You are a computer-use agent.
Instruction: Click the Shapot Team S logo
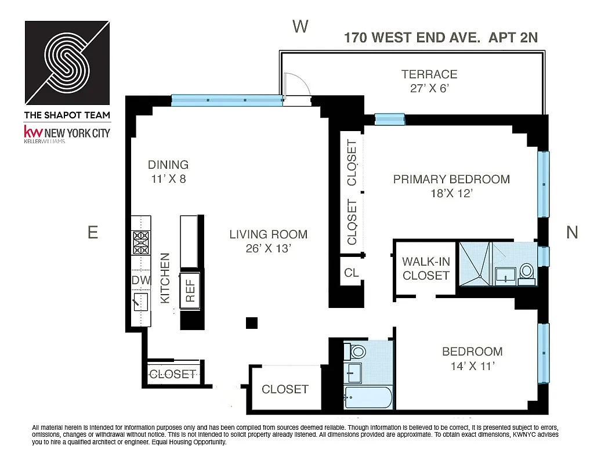tap(67, 62)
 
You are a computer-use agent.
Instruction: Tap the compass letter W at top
tap(300, 26)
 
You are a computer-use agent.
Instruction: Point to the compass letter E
tap(92, 232)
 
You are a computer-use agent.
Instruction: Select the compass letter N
tap(572, 232)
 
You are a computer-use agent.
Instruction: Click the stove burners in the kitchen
tap(141, 244)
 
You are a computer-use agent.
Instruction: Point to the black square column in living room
tap(251, 323)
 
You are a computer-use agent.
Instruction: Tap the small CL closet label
tap(352, 273)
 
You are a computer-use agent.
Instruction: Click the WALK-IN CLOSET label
tap(426, 269)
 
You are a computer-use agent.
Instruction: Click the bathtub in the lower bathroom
tap(368, 398)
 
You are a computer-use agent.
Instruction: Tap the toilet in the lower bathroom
tap(357, 351)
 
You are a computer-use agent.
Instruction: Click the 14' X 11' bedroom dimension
tap(472, 365)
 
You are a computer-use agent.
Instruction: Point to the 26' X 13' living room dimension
tap(268, 249)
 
